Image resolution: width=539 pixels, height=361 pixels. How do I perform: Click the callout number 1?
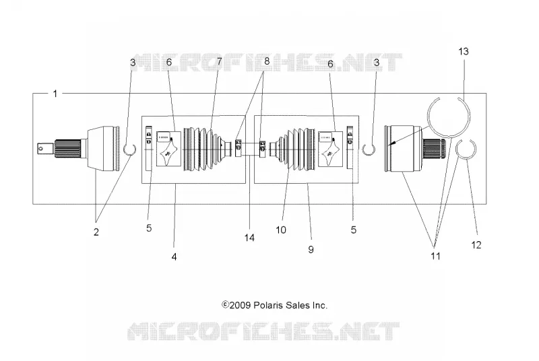(x=55, y=94)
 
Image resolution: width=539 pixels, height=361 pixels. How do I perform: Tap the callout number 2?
(x=96, y=232)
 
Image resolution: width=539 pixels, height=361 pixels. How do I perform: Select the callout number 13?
(x=464, y=51)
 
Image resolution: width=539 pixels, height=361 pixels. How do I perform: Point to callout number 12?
(x=476, y=245)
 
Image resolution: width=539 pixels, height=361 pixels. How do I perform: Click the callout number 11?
(x=435, y=256)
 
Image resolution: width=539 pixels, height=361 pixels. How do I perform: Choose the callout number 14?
(x=249, y=238)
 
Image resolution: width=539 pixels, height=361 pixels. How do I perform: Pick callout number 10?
(x=281, y=230)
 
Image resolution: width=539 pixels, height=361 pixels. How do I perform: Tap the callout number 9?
(x=311, y=250)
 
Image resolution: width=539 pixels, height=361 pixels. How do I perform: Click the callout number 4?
(x=174, y=257)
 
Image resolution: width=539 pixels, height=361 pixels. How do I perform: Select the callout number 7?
(x=219, y=62)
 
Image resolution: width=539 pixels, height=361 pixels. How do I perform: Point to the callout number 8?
(x=266, y=61)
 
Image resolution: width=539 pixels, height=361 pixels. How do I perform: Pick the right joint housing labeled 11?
(x=404, y=149)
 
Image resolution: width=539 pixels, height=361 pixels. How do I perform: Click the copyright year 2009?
(x=240, y=305)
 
